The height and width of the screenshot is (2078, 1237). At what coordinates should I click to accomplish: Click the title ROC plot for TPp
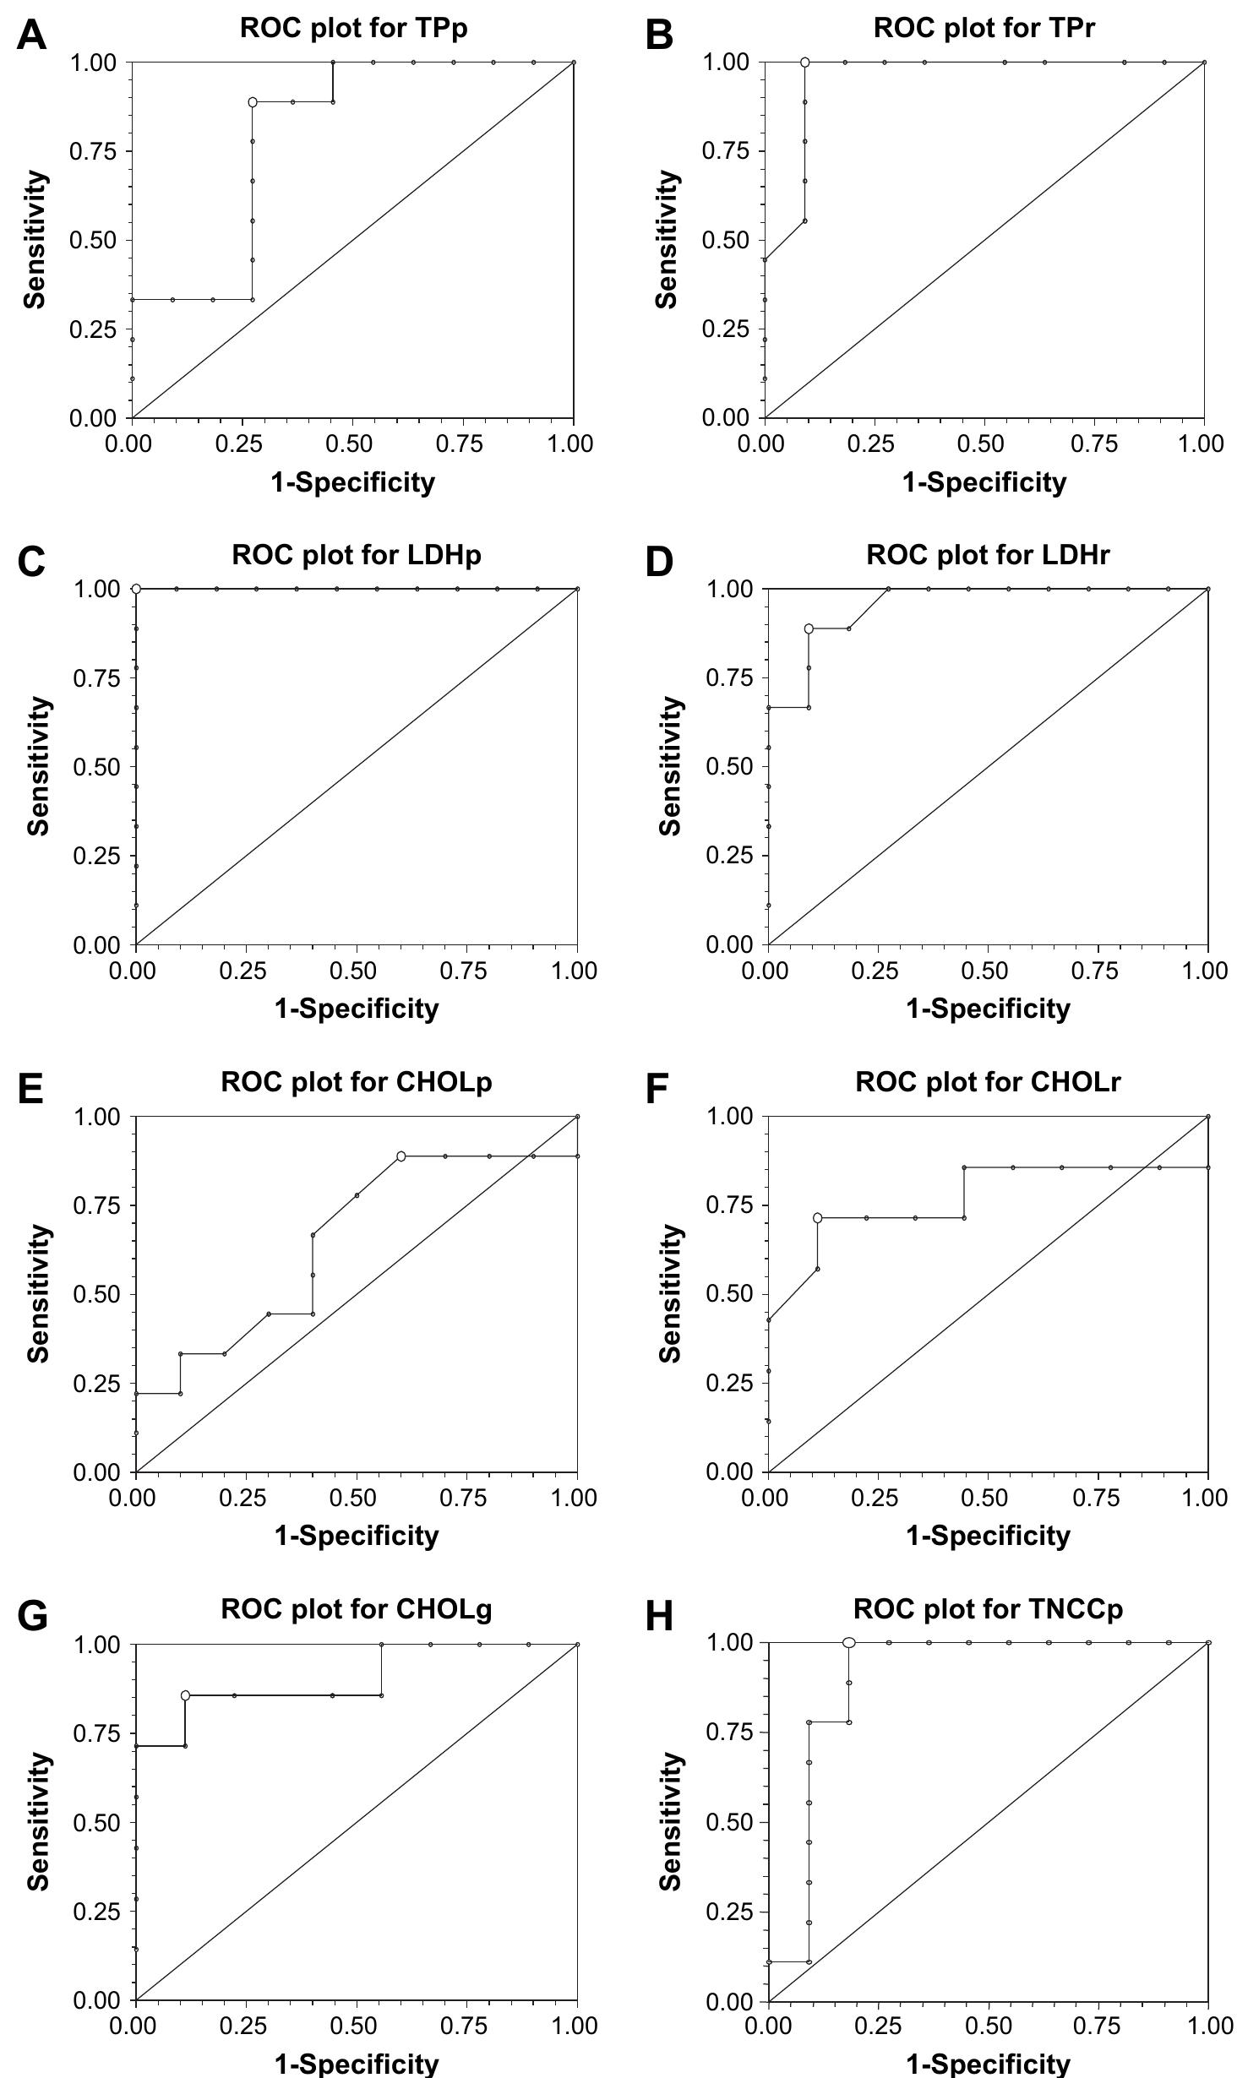point(353,28)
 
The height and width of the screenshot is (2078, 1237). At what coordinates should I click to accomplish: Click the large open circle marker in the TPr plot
point(804,63)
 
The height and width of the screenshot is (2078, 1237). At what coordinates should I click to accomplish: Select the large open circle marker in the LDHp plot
point(136,589)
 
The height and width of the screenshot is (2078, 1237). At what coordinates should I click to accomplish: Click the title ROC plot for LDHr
point(987,555)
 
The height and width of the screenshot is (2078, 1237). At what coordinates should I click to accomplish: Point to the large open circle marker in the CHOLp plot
point(401,1156)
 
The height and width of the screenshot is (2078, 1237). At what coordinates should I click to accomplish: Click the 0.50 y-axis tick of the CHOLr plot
point(728,1294)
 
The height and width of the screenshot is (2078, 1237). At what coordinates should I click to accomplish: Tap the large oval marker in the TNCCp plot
point(849,1642)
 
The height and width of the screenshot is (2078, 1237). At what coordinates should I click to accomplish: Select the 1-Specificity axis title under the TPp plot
point(352,482)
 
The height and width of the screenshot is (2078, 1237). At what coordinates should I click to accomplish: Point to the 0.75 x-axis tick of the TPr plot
point(1093,444)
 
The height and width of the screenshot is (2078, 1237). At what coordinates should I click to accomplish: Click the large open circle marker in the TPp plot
point(253,102)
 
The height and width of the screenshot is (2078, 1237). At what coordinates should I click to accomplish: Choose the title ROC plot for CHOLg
point(356,1609)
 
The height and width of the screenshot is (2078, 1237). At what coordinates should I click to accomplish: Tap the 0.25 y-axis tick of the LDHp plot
point(96,856)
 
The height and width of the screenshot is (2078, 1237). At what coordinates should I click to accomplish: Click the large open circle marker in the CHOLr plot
point(817,1217)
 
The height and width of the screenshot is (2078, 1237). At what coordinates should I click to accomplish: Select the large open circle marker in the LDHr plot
point(809,628)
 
